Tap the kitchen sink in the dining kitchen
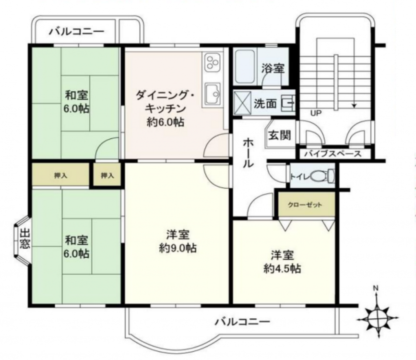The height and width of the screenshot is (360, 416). point(213,94)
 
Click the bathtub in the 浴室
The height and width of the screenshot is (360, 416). point(245,66)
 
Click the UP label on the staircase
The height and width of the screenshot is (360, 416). point(316,113)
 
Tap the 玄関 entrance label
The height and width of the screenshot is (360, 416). point(280,135)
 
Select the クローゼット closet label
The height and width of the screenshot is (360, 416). point(305,204)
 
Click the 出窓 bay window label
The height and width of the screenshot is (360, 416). point(24,239)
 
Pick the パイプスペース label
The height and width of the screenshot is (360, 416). point(333,154)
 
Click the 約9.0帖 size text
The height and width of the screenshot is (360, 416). point(178,248)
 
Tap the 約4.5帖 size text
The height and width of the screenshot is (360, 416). point(282,269)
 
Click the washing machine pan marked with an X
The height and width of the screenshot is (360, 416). point(242,103)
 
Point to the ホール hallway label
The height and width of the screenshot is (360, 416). point(249,153)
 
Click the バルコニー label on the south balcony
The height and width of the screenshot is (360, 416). point(242,322)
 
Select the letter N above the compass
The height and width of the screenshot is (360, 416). point(375,288)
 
